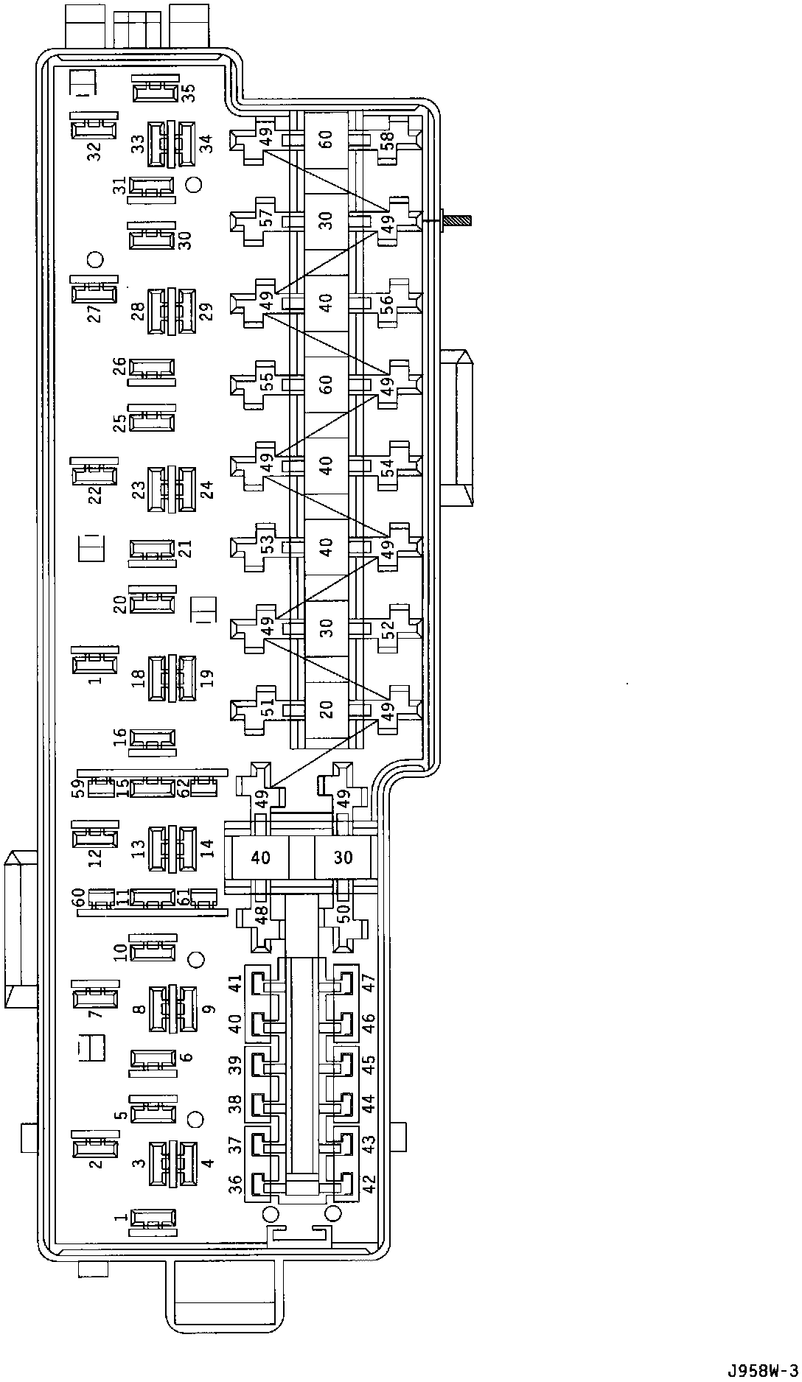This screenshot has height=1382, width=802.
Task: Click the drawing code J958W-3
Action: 762,1371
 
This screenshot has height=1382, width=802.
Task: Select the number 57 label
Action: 267,219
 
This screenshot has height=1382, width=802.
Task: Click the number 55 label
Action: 267,382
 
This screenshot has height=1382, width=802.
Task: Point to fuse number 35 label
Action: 189,93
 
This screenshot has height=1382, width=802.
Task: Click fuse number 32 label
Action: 94,151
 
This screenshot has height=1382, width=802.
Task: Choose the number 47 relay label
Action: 369,984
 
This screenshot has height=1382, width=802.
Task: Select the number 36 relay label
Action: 234,1184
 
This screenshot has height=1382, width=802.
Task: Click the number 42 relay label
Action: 369,1184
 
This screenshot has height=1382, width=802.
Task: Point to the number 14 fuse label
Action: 208,849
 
